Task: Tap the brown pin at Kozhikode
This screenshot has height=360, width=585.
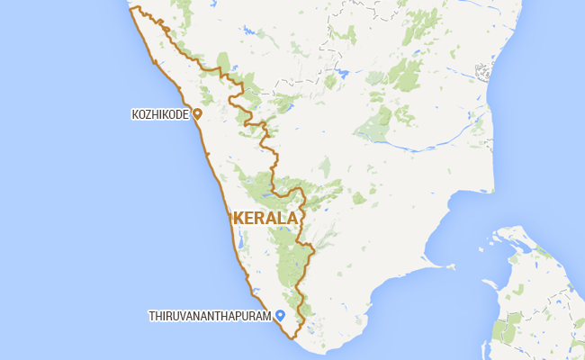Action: [x=197, y=115]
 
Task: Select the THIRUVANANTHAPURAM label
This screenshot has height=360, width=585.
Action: [x=211, y=316]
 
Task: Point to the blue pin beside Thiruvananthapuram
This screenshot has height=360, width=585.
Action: [x=280, y=315]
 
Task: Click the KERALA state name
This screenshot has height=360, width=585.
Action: [x=265, y=218]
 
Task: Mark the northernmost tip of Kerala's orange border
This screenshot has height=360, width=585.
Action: [x=130, y=8]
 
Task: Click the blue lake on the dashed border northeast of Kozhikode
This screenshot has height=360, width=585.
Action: [x=341, y=72]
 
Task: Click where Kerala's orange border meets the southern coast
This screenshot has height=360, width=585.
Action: [x=294, y=340]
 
